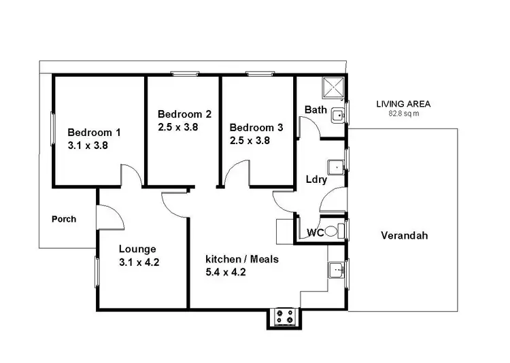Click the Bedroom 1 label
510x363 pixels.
[93, 132]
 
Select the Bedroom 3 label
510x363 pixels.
[256, 127]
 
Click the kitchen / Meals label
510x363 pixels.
[242, 259]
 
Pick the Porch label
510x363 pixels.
[64, 220]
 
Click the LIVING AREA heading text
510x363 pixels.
[403, 104]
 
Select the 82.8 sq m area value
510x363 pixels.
[403, 114]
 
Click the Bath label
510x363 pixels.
[316, 109]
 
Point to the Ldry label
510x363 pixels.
[317, 180]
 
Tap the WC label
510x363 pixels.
[314, 232]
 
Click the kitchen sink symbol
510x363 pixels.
[337, 271]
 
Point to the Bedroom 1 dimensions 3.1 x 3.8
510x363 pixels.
[88, 145]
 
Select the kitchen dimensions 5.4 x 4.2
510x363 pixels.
[226, 273]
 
